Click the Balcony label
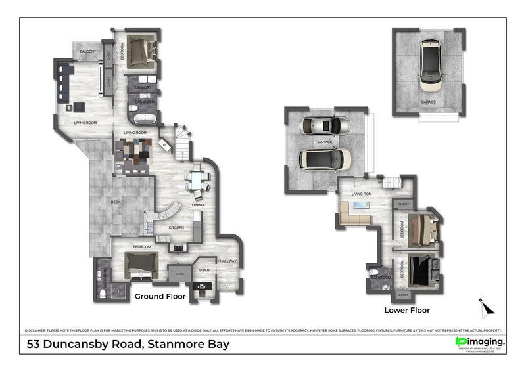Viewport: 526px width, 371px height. click(x=89, y=51)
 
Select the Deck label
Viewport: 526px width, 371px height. click(x=116, y=202)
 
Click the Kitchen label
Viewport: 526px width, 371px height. click(x=176, y=227)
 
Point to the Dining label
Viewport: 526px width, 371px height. click(x=198, y=205)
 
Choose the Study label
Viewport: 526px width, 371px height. click(x=204, y=270)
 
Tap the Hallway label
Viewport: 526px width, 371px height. click(x=228, y=261)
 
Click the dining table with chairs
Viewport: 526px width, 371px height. click(x=197, y=181)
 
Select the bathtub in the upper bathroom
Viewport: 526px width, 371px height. click(x=143, y=120)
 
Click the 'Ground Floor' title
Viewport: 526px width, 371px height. click(x=160, y=297)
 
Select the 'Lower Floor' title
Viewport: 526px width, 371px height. click(x=407, y=309)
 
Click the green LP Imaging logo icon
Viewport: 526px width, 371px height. click(x=460, y=341)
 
